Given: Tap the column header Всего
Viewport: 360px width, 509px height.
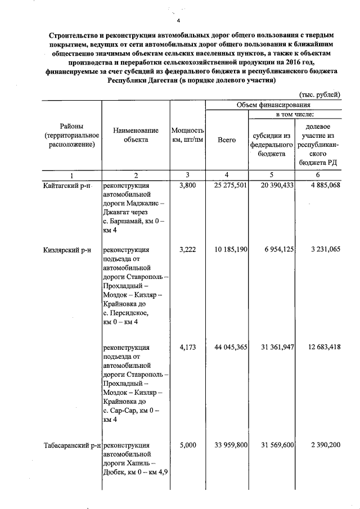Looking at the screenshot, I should coord(227,139).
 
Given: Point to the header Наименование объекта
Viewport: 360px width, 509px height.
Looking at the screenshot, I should coord(136,135).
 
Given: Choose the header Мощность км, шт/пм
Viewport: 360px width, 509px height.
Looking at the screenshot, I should coord(187,135).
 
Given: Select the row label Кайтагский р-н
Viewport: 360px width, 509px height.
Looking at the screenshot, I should coord(67,186).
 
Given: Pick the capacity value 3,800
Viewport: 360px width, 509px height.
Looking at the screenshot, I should coord(187,186).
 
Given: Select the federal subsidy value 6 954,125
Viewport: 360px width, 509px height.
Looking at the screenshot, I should coord(276,249).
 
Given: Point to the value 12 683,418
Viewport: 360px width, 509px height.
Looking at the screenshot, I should coord(321,348).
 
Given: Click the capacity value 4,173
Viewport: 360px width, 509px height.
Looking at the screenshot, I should coord(187,348).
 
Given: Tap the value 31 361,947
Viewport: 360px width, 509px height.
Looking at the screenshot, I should coord(276,348).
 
